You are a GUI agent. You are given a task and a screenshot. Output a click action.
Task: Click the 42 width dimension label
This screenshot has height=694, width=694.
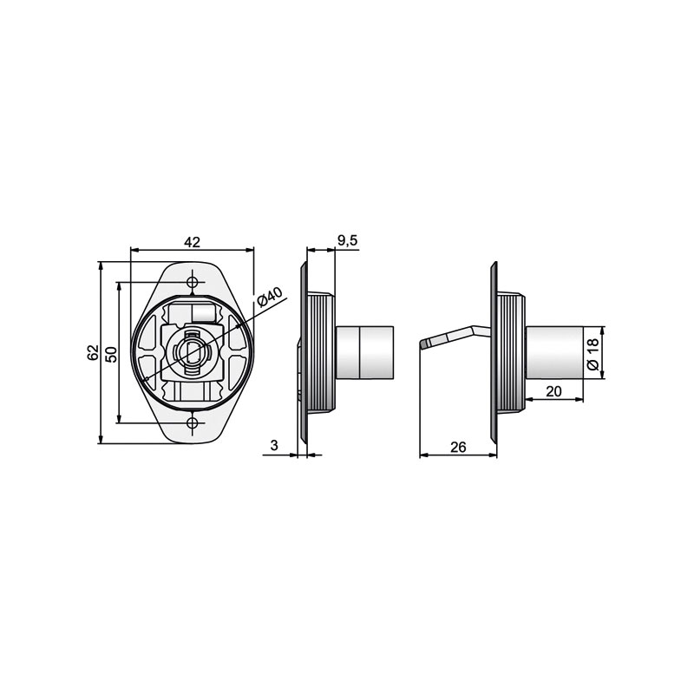(192, 242)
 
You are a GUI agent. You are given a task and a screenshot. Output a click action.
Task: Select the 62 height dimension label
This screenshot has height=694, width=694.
(93, 352)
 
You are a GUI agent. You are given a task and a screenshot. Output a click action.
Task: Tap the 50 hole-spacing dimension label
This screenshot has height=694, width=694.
(112, 355)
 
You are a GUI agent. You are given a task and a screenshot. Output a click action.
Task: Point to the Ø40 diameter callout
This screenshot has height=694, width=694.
(270, 297)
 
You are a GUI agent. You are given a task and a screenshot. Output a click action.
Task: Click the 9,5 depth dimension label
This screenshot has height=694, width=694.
(348, 240)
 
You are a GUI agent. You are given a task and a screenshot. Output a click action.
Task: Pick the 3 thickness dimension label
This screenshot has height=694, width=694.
(274, 445)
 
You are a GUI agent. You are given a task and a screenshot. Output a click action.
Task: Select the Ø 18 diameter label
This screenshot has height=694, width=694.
(593, 354)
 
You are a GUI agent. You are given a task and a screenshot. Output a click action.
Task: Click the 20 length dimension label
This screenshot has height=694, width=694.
(553, 391)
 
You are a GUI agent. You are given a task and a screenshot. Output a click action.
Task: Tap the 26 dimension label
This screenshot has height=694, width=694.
(458, 447)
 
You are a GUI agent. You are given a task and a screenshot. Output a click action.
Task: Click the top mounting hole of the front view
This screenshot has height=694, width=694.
(192, 282)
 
